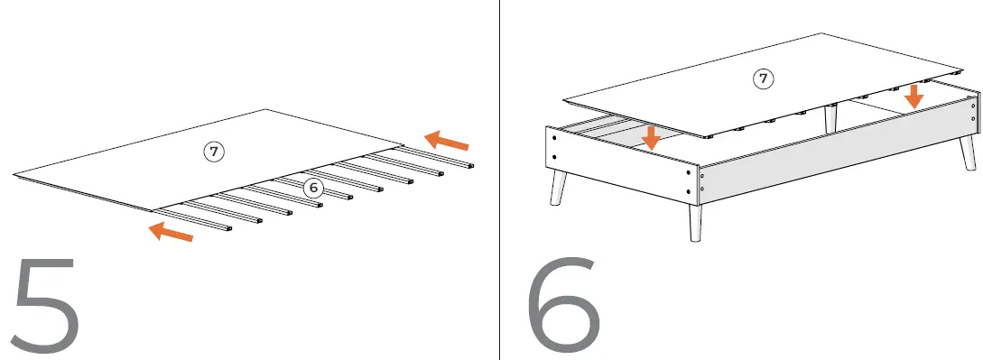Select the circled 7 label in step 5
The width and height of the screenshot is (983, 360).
213,152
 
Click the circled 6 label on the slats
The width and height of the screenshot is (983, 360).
313,188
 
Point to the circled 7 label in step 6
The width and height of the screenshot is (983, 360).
763,79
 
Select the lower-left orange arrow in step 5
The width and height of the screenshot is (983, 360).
171,233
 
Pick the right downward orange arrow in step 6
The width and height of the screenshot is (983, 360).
913,96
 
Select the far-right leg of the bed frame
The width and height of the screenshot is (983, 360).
968,152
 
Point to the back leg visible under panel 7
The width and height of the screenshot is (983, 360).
830,117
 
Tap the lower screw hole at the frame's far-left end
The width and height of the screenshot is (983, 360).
550,163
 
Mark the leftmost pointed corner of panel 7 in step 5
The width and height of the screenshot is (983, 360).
14,173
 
